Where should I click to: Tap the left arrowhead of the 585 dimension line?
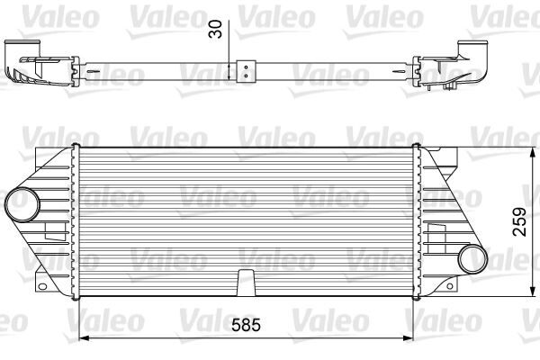click(x=85, y=337)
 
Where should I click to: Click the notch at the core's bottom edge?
click(x=245, y=283)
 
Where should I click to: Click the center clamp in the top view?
click(x=243, y=68)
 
